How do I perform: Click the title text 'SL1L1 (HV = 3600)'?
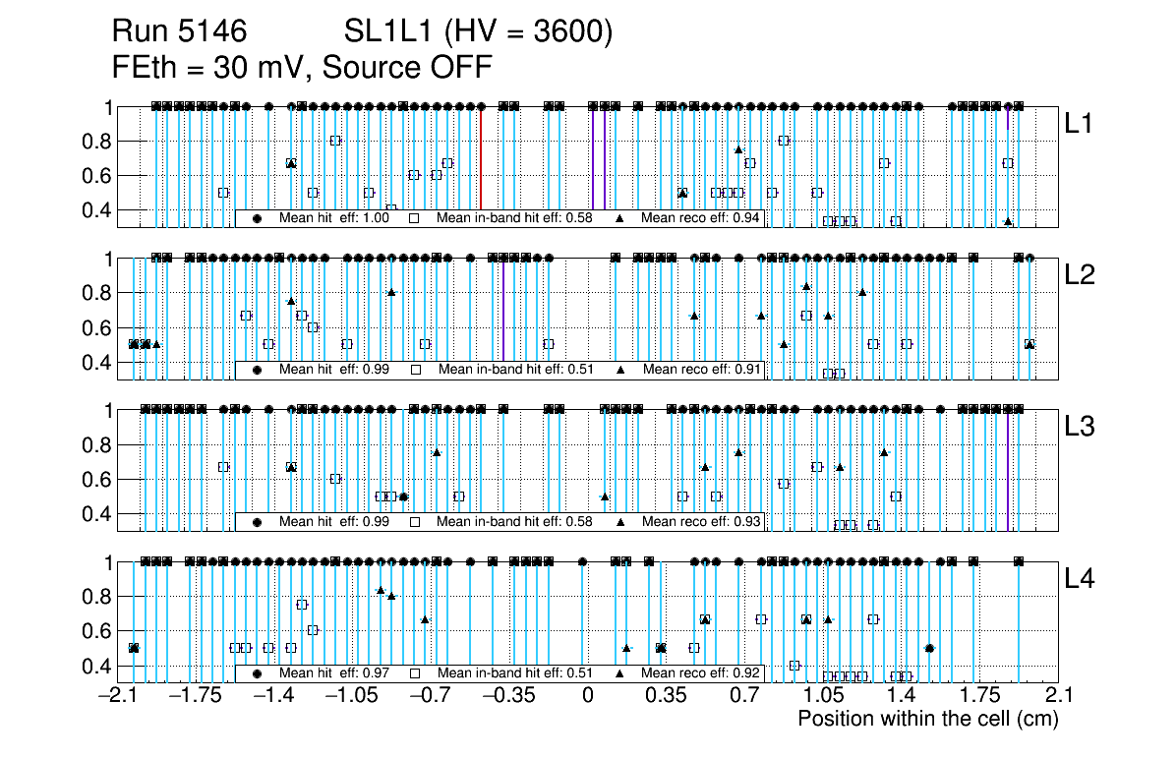(479, 33)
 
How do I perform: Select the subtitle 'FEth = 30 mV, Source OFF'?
(302, 67)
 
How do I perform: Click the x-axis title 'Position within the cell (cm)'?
(927, 719)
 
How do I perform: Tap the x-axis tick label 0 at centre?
(587, 696)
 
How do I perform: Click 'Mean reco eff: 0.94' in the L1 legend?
(700, 218)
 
